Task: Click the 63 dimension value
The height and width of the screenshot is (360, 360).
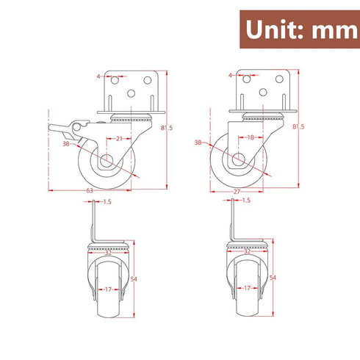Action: click(x=90, y=190)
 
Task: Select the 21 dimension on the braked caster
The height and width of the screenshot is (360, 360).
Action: click(x=119, y=137)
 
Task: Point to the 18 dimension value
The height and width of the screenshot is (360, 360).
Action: click(x=251, y=137)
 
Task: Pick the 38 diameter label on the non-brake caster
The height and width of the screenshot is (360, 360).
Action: click(x=198, y=143)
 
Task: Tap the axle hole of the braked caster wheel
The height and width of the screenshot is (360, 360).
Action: click(x=104, y=161)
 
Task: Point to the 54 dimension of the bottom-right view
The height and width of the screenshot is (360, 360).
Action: click(x=273, y=278)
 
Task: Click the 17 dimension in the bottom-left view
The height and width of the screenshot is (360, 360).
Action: click(x=109, y=289)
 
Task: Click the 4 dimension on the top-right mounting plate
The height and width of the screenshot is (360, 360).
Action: click(x=230, y=75)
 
